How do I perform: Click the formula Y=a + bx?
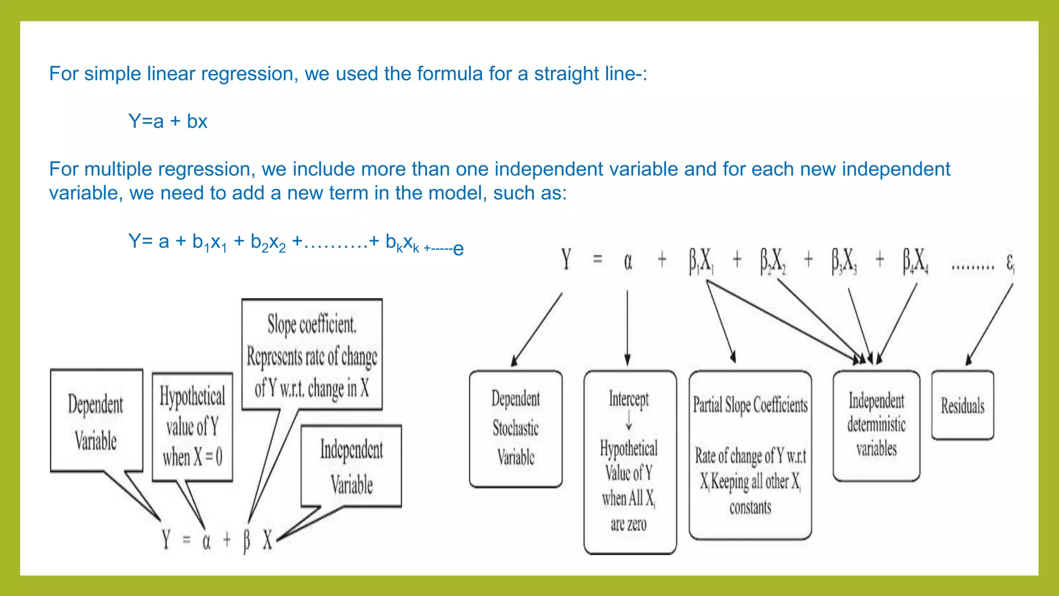(168, 122)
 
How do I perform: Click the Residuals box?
(962, 406)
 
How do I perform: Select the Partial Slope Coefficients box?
(750, 455)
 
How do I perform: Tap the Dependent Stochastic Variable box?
(516, 428)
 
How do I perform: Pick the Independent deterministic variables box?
(876, 425)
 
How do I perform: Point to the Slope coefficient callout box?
(312, 355)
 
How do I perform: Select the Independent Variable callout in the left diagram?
(351, 466)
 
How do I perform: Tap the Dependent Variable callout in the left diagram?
(96, 421)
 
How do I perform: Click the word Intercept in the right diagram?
(628, 399)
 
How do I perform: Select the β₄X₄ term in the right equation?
(915, 261)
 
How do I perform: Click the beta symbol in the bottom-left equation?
(247, 541)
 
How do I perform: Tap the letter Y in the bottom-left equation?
(165, 540)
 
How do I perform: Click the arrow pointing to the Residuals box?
(989, 326)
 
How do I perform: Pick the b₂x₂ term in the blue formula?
(268, 242)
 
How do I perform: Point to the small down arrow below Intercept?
(629, 421)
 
